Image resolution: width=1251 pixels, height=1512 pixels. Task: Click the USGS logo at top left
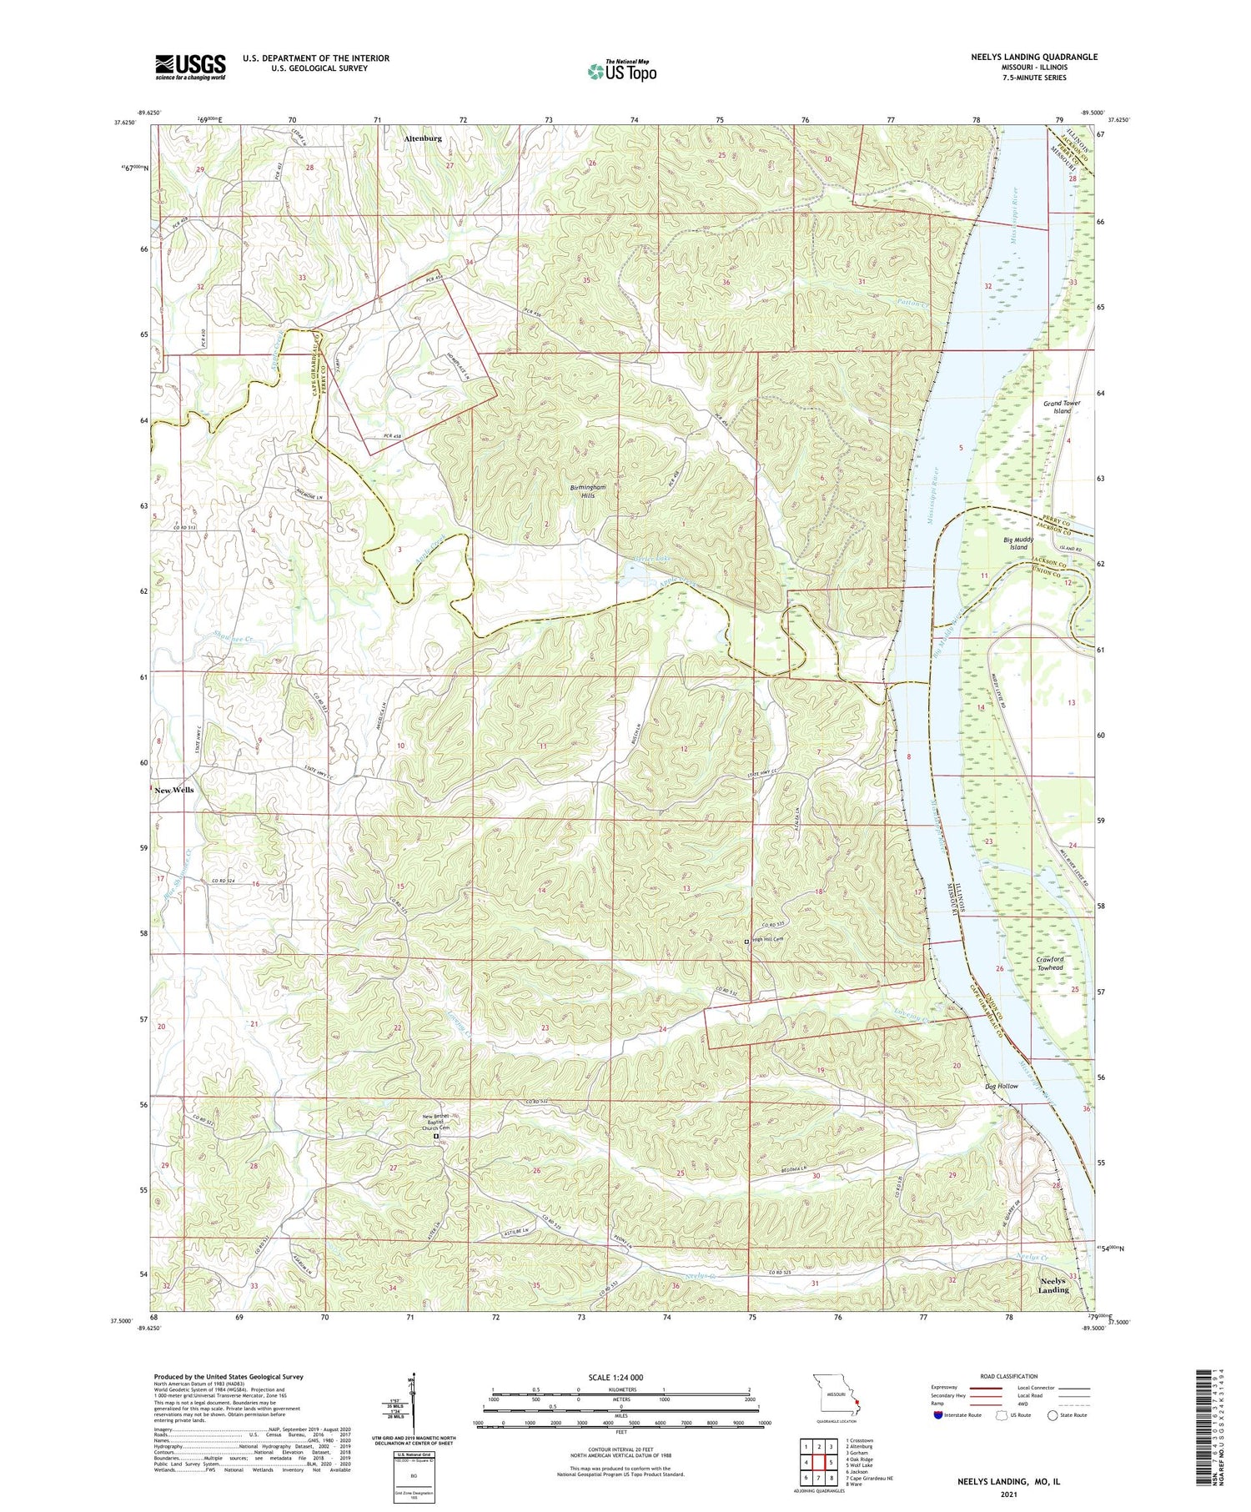190,67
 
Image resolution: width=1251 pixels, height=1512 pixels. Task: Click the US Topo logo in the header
622,71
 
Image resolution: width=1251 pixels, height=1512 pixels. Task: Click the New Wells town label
174,790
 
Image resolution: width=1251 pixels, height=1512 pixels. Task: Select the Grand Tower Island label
1061,407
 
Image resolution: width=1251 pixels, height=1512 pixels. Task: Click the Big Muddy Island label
1018,544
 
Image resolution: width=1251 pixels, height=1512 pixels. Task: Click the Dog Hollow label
1001,1086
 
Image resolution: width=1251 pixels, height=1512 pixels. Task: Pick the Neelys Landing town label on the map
1053,1285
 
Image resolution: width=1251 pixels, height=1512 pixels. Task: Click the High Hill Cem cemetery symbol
746,941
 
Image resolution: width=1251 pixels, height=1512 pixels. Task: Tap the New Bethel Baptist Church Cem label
435,1122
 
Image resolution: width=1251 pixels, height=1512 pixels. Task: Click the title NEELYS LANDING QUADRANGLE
1033,57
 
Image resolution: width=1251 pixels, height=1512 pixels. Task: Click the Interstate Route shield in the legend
939,1415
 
